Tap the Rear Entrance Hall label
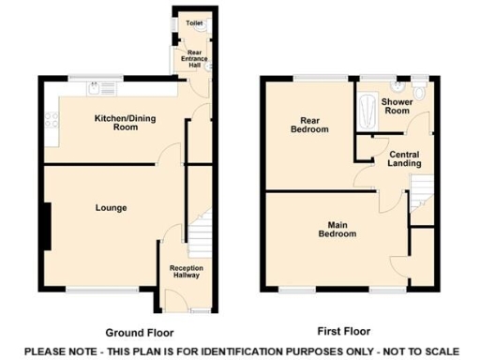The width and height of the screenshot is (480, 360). [195, 58]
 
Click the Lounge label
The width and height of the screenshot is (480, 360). [111, 207]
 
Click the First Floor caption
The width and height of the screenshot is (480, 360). [343, 331]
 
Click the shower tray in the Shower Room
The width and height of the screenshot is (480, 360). [367, 110]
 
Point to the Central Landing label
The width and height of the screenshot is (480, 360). [404, 157]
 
